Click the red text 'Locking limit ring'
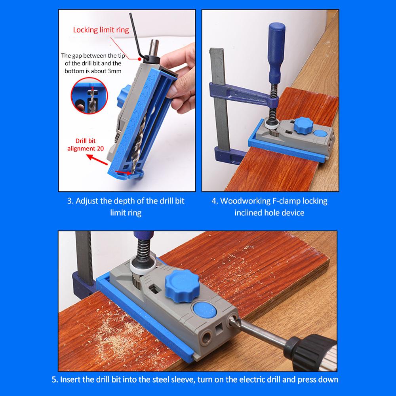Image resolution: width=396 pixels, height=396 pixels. click(101, 30)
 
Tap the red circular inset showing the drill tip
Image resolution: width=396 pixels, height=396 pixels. click(89, 96)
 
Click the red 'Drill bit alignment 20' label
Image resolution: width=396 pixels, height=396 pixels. click(86, 145)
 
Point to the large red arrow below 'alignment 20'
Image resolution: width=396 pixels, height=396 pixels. click(97, 160)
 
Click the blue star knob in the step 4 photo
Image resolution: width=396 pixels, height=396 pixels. click(304, 125)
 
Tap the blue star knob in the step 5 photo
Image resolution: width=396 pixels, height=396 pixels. click(182, 286)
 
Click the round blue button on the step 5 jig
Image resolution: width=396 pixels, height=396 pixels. click(205, 310)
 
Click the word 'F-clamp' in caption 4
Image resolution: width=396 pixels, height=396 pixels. click(286, 201)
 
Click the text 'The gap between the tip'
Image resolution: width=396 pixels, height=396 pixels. click(93, 55)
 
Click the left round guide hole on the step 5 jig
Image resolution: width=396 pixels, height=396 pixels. click(206, 338)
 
